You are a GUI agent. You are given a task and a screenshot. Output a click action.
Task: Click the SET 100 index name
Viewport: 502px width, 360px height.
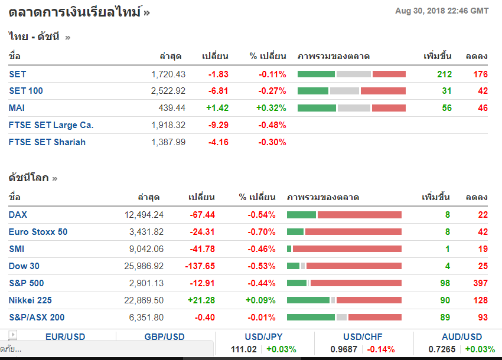coord(26,91)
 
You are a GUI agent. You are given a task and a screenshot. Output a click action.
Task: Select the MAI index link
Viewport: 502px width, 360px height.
coord(17,108)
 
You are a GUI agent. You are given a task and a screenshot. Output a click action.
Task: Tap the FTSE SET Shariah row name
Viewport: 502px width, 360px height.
coord(47,142)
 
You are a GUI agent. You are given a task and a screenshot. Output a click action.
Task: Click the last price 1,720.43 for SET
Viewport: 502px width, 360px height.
coord(168,74)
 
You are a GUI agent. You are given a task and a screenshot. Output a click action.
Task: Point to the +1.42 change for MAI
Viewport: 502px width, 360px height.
coord(217,108)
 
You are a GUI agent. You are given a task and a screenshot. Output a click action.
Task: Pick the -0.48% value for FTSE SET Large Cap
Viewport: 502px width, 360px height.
coord(272,125)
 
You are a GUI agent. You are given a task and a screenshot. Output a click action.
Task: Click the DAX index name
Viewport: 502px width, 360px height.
coord(18,215)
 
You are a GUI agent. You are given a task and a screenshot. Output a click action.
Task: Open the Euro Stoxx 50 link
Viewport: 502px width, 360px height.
coord(38,232)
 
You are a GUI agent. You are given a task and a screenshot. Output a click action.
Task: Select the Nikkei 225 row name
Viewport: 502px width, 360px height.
coord(30,300)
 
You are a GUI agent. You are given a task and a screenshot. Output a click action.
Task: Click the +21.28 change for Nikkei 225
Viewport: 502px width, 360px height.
coord(201,300)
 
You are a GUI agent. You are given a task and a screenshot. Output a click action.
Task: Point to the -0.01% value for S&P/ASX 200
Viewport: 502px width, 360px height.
coord(262,318)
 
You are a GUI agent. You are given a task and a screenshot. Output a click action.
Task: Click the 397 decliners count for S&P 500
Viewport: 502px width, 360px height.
coord(480,283)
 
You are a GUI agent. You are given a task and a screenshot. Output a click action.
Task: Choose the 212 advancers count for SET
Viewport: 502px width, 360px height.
coord(444,74)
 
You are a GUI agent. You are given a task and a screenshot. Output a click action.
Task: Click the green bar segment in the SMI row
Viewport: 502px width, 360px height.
coord(289,249)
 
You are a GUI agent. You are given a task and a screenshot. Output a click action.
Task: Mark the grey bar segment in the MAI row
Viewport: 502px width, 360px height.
coord(353,108)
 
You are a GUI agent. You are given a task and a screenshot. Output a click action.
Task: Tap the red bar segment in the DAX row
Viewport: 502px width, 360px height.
coord(360,215)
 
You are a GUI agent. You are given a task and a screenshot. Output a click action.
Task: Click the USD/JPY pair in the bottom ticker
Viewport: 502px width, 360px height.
coord(263,337)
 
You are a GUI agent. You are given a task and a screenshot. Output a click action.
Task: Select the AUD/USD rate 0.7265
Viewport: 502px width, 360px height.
coord(442,349)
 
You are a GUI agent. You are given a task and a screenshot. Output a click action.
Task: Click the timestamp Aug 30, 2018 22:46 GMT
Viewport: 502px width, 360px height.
coord(442,11)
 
